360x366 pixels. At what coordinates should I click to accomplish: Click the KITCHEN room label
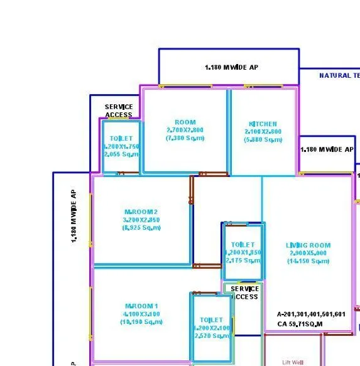point(263,124)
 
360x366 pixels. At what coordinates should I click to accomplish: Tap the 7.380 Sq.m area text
point(185,137)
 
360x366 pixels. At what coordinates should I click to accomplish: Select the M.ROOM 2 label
point(141,212)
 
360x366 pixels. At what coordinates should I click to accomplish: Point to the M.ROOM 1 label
point(141,306)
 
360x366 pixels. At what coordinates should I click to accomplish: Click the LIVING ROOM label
point(308,245)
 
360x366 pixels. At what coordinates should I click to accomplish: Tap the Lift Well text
point(293,362)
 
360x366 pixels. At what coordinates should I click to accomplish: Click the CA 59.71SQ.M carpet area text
point(300,324)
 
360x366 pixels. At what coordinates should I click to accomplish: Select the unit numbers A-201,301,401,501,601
point(311,314)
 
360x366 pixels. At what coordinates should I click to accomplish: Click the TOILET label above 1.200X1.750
point(121,139)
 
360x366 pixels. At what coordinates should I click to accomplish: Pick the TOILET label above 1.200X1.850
point(243,245)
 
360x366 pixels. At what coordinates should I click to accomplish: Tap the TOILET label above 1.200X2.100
point(211,320)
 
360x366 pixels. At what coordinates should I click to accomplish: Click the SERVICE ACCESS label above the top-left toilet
point(119,111)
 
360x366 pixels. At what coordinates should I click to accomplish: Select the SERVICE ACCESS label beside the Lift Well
point(244,293)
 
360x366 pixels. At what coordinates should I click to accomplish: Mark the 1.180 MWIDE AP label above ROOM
point(231,67)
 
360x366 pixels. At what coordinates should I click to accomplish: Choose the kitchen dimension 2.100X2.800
point(263,132)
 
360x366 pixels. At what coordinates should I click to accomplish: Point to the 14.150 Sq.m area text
point(308,261)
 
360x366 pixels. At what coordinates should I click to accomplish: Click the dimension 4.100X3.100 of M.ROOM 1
point(141,314)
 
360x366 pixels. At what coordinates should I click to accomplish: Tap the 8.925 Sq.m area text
point(141,228)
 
